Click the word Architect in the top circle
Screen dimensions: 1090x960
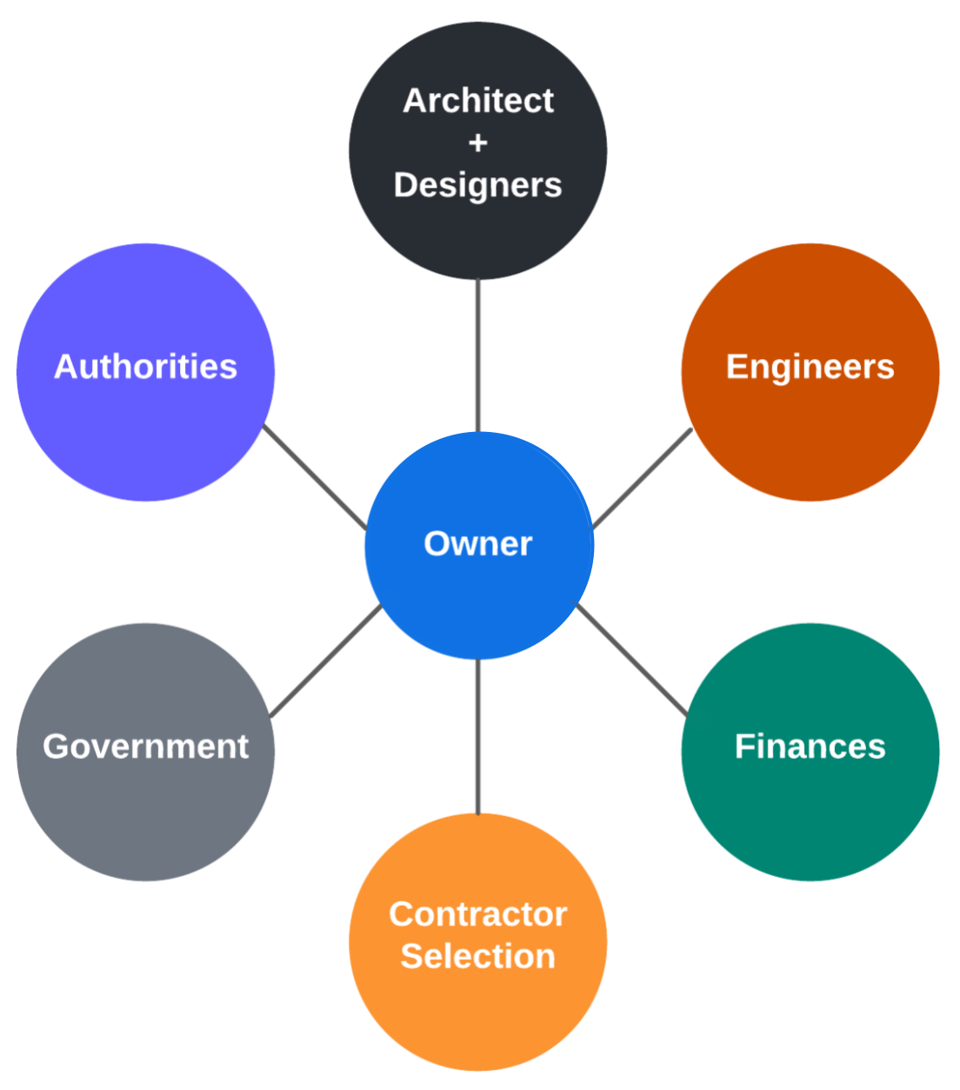tap(477, 101)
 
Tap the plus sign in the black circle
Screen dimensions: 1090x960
tap(477, 143)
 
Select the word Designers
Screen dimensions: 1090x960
tap(477, 185)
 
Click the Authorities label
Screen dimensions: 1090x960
tap(145, 367)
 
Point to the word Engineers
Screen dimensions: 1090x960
tap(810, 367)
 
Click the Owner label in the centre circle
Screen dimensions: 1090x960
tap(477, 544)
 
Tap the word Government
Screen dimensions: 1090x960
tap(145, 747)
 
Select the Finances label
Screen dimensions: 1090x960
tap(810, 747)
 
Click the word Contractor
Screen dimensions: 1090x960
tap(477, 914)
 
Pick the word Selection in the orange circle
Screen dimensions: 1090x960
tap(477, 956)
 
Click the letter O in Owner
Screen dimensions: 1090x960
tap(437, 544)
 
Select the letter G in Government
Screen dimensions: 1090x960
tap(56, 747)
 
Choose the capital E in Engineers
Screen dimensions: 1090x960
tap(736, 367)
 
